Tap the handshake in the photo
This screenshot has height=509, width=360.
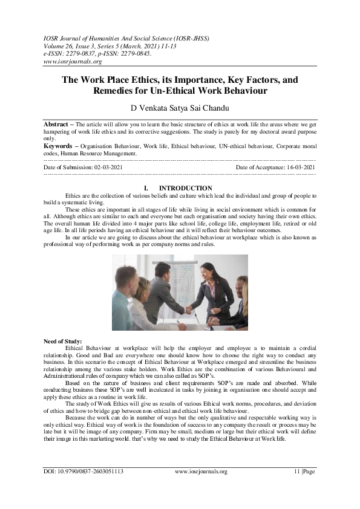point(189,309)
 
